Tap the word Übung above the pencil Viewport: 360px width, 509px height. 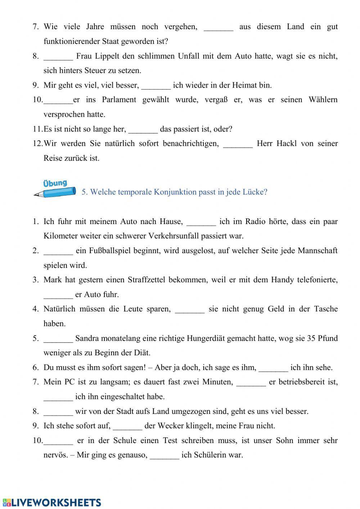pyautogui.click(x=55, y=183)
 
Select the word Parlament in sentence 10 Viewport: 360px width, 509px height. pyautogui.click(x=119, y=100)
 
